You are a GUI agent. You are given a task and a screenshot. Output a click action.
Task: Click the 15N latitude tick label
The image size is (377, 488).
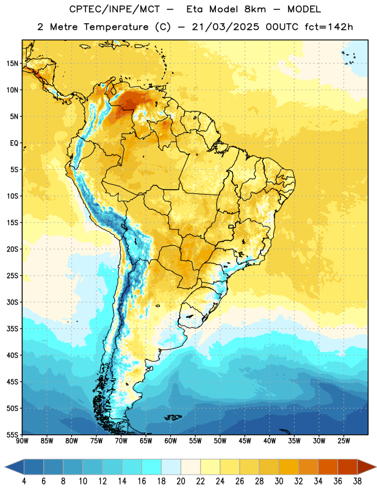point(12,63)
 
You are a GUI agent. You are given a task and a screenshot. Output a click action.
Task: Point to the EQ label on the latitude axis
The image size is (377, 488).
point(14,143)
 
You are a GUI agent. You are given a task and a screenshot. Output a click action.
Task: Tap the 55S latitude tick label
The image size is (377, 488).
point(12,434)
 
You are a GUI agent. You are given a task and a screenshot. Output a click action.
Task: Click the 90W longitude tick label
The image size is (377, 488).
point(23,441)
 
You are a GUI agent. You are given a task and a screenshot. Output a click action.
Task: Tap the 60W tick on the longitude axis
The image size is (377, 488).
point(171,441)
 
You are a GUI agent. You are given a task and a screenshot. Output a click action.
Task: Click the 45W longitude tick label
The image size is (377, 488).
point(245,441)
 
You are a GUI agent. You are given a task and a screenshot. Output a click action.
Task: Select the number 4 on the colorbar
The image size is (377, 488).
point(24,481)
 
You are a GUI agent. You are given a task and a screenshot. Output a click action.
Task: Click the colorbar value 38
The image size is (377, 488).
point(357,481)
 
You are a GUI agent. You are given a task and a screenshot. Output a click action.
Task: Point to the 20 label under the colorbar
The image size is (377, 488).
point(181,481)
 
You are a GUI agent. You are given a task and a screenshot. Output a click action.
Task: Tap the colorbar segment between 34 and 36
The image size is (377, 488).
point(328,467)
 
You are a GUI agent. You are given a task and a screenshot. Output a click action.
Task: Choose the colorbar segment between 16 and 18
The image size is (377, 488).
point(152,467)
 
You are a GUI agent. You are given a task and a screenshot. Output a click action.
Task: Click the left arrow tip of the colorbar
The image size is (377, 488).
point(5,467)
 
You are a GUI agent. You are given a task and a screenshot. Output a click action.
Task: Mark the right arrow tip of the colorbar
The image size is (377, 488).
point(376,467)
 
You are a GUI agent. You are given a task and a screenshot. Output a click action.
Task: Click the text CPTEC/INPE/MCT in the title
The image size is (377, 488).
point(114,10)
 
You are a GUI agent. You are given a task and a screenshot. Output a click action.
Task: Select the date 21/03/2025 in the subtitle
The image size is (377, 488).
point(225,27)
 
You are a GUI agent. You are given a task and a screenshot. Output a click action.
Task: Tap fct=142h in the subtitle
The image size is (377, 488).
point(329,27)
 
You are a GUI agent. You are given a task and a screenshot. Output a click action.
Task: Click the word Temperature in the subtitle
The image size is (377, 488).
point(116,27)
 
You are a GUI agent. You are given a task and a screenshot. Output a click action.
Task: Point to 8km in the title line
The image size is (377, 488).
point(255,10)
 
